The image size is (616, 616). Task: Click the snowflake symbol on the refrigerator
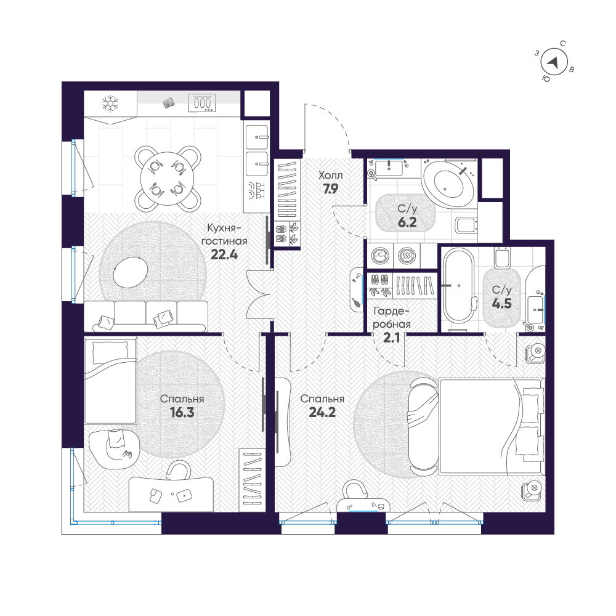click(x=110, y=103)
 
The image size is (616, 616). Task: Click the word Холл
click(x=330, y=176)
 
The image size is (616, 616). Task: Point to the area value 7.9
click(x=331, y=189)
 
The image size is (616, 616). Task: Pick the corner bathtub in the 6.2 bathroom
click(x=448, y=183)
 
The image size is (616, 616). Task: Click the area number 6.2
click(x=407, y=222)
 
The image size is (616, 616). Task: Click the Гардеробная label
click(x=391, y=317)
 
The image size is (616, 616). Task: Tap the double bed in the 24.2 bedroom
click(x=490, y=427)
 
